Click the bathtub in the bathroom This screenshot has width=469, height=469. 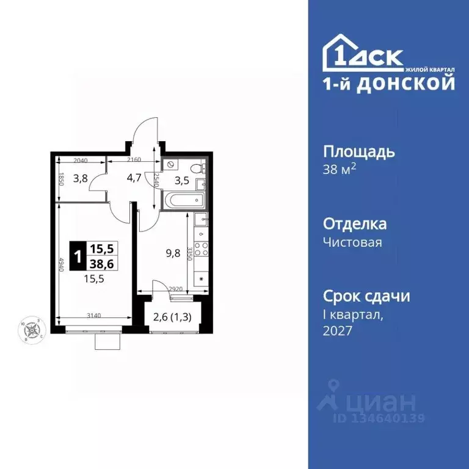tap(186, 200)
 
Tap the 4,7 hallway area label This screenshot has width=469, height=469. tap(134, 179)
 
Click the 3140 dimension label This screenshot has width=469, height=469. tap(94, 316)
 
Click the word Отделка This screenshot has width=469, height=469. tap(354, 224)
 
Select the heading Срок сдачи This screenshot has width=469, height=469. tap(366, 296)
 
